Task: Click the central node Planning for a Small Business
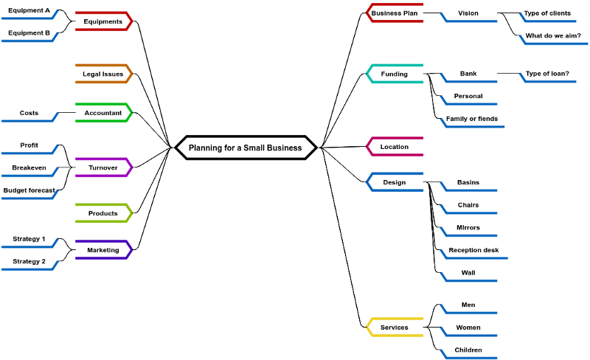(246, 148)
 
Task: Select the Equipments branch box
(103, 21)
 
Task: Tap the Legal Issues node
(103, 74)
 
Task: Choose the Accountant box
(103, 113)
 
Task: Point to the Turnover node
(103, 167)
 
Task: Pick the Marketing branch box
(103, 250)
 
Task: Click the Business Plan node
(395, 13)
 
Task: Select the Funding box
(395, 74)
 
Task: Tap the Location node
(395, 147)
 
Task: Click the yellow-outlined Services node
(395, 328)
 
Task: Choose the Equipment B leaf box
(29, 33)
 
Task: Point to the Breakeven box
(29, 168)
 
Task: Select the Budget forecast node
(29, 190)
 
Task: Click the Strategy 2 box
(29, 261)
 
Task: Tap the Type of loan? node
(547, 74)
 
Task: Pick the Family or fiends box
(472, 119)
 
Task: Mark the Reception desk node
(473, 250)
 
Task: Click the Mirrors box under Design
(469, 227)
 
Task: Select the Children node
(469, 350)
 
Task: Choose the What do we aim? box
(553, 35)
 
